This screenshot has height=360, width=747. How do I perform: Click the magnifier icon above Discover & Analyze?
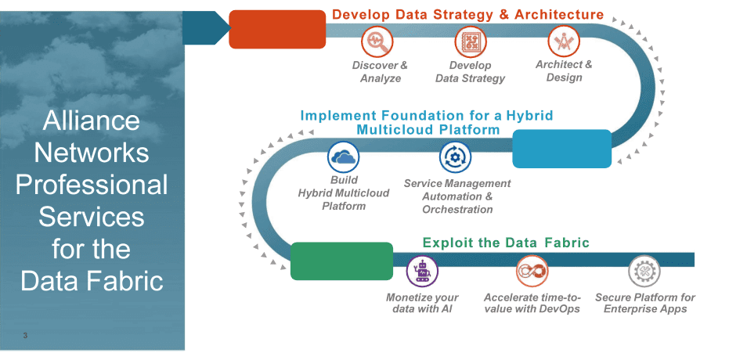tap(377, 41)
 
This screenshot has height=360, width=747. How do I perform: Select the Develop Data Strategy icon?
tap(471, 41)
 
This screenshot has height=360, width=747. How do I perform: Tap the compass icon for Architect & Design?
tap(564, 41)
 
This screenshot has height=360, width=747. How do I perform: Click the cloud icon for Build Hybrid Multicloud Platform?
tap(343, 157)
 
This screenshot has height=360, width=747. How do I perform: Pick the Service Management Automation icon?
tap(455, 157)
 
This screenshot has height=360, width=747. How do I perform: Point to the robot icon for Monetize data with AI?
tap(422, 272)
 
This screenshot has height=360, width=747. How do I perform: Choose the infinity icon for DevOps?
tap(532, 272)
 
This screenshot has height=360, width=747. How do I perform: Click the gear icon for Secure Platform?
tap(644, 272)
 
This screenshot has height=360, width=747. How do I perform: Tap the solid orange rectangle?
tap(277, 29)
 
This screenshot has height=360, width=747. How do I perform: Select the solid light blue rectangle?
tap(561, 149)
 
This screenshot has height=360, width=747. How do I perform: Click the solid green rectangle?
tap(341, 261)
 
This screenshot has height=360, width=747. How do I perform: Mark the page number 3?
tap(25, 336)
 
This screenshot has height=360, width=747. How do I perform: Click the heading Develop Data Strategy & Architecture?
tap(467, 14)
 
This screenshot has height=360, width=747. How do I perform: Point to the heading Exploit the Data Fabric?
tap(506, 243)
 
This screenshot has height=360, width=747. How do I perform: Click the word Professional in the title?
tap(92, 185)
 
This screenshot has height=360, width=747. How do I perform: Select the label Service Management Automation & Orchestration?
tap(457, 196)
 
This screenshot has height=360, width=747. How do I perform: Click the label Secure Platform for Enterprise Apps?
tap(645, 304)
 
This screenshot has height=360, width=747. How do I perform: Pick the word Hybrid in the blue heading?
tap(529, 116)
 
